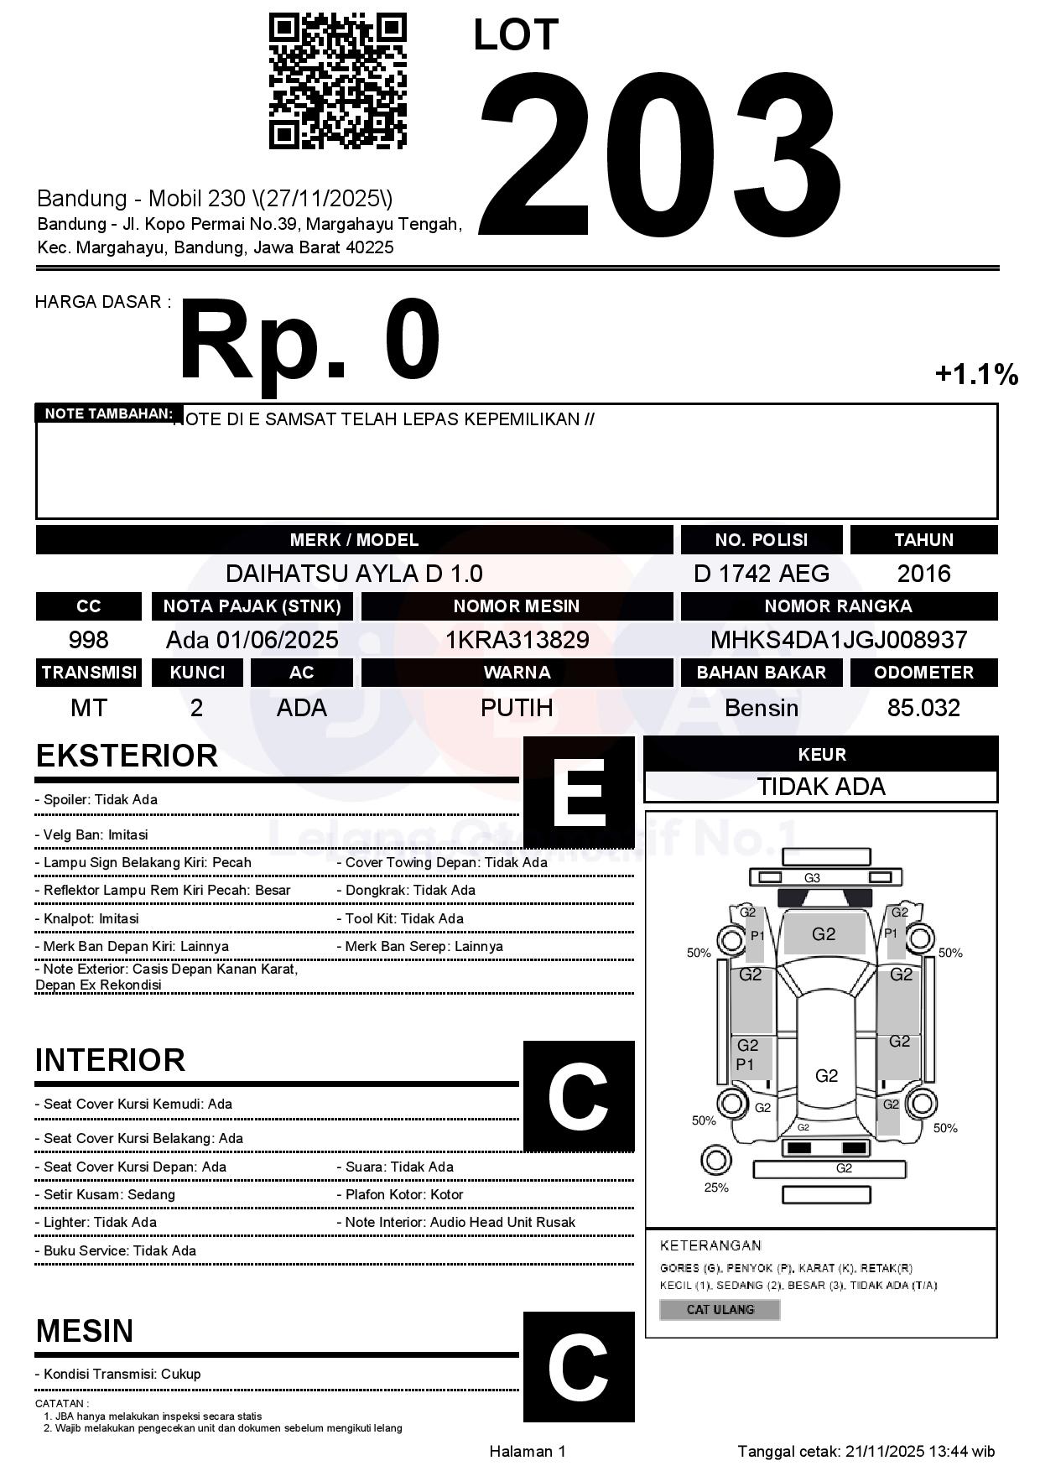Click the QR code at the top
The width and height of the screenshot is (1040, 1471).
(x=337, y=81)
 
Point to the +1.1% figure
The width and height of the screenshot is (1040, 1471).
(x=976, y=374)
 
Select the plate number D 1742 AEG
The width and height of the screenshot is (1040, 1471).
(x=761, y=574)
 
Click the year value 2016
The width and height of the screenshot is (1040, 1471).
(x=923, y=574)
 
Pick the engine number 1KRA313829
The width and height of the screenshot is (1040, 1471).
(x=517, y=640)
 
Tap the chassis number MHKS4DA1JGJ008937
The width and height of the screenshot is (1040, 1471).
(x=839, y=640)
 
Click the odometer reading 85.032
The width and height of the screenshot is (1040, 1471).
(x=923, y=708)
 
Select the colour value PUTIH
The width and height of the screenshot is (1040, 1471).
(x=517, y=708)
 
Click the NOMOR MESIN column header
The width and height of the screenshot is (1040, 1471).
(x=517, y=606)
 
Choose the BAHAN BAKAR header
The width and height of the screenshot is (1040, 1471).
(x=761, y=673)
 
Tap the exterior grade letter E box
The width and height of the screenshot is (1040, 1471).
(x=579, y=792)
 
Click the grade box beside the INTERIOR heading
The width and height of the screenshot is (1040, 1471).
(x=579, y=1095)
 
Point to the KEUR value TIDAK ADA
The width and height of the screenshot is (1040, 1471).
(x=821, y=787)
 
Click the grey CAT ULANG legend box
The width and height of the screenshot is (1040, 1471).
(x=720, y=1309)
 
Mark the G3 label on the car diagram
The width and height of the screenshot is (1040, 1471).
(x=812, y=878)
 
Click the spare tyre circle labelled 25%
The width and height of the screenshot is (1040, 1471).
(x=715, y=1161)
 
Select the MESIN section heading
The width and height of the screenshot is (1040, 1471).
(x=85, y=1331)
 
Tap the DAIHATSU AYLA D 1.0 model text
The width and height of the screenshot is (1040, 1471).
(x=354, y=574)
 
